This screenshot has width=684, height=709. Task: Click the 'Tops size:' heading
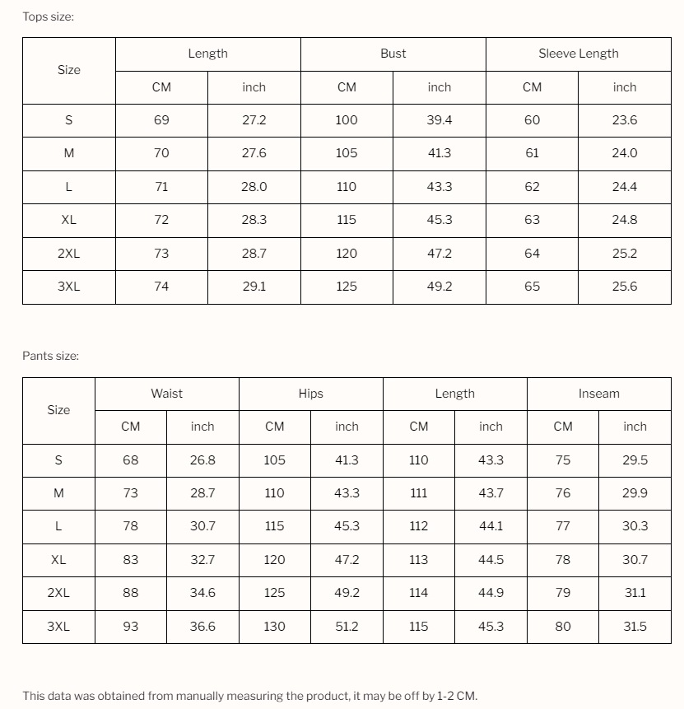click(x=48, y=16)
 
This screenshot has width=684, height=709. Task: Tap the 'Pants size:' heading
click(x=50, y=356)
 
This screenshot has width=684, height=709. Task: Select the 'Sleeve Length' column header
click(x=578, y=54)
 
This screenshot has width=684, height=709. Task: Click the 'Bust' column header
click(x=393, y=54)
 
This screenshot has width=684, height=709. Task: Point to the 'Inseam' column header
click(x=598, y=394)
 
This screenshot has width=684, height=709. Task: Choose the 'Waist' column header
click(x=166, y=394)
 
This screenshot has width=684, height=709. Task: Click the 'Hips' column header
click(x=310, y=394)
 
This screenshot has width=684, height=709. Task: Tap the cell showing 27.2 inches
click(x=254, y=120)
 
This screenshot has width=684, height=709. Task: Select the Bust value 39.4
click(x=439, y=120)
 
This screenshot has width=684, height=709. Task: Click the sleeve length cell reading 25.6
click(x=624, y=287)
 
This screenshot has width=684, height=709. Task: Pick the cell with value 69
click(x=161, y=120)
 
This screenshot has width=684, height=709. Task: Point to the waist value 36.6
click(x=202, y=627)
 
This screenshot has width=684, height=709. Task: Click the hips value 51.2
click(x=347, y=627)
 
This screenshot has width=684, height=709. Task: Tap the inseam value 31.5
click(x=635, y=627)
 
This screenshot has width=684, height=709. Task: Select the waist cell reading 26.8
click(x=202, y=460)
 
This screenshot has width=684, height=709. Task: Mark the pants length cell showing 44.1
click(x=491, y=526)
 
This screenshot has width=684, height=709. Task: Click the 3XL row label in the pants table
click(x=58, y=627)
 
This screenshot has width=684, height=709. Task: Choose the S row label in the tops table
click(x=68, y=120)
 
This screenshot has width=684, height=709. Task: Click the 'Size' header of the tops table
click(x=68, y=70)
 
